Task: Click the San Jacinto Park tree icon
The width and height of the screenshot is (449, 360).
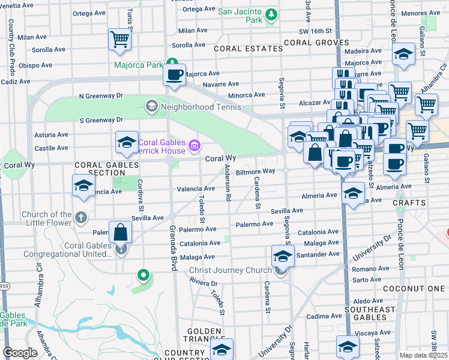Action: coord(271,14)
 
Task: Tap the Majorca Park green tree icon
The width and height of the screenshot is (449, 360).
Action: coord(172,63)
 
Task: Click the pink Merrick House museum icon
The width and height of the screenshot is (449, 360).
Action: coord(194,145)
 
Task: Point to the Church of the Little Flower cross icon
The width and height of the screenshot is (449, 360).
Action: coord(81,217)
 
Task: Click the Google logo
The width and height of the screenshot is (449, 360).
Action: coord(20,353)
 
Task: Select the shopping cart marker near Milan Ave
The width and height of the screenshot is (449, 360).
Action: coord(119,40)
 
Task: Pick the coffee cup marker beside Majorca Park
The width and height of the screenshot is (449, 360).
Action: coord(174,75)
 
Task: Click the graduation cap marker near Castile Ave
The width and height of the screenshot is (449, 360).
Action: coord(127,142)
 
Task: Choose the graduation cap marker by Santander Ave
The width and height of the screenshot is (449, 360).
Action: coord(283,257)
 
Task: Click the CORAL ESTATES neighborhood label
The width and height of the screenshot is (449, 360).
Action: coord(248,49)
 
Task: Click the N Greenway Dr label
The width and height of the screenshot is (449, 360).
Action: coord(101,95)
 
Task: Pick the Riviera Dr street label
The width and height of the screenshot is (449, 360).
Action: coord(203,282)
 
